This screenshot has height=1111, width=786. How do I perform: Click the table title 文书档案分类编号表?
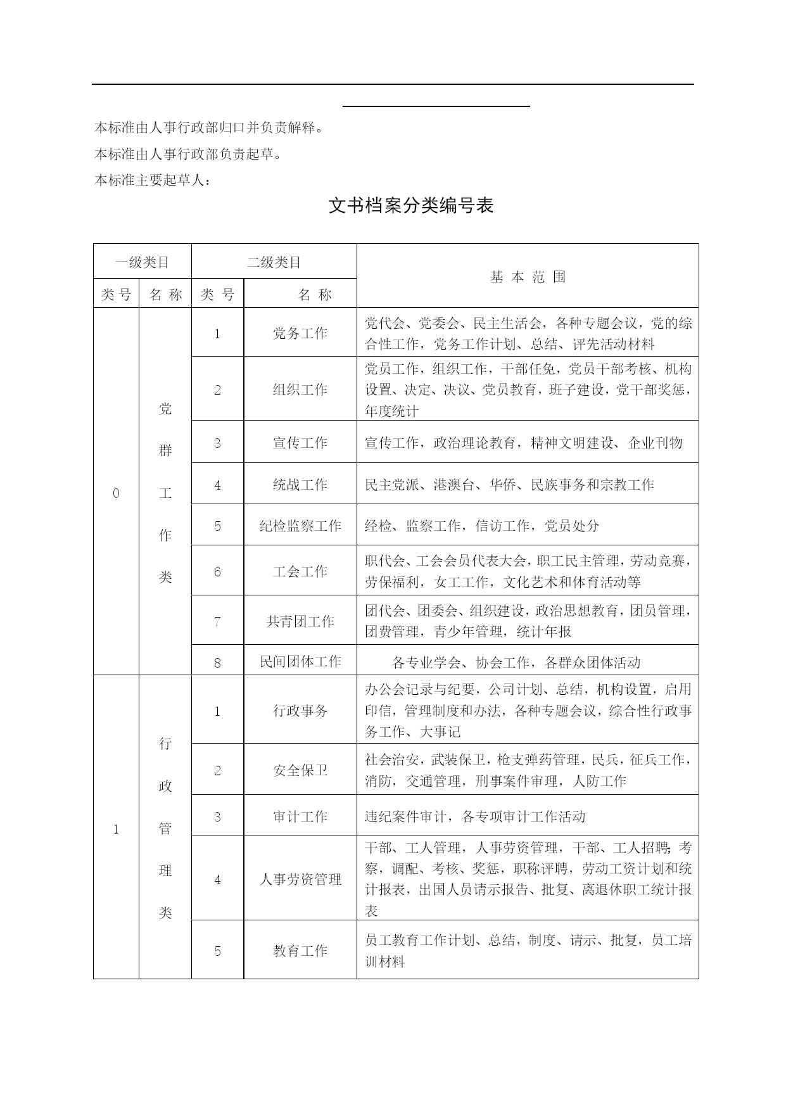[410, 206]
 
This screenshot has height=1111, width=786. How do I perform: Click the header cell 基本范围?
[528, 277]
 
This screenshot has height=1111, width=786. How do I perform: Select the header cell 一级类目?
[142, 262]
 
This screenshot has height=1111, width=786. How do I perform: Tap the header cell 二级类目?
[274, 262]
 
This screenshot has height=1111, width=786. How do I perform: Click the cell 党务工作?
[300, 334]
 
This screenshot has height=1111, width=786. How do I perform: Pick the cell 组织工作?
[300, 390]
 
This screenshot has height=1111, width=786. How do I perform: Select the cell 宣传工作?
[300, 443]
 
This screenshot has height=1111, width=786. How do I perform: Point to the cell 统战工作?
[300, 485]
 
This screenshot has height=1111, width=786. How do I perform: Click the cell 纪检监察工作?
[300, 526]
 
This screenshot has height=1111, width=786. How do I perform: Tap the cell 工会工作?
[300, 571]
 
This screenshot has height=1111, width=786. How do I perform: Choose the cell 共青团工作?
[300, 621]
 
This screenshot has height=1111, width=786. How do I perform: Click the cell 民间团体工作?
[300, 662]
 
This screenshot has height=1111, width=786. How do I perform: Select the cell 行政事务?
[300, 711]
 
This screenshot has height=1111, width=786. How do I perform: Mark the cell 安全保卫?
[300, 770]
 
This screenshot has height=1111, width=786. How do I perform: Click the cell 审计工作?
[300, 816]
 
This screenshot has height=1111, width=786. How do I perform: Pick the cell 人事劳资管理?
[300, 879]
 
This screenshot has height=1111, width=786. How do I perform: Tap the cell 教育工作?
[300, 951]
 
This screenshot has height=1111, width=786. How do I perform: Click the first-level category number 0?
[116, 493]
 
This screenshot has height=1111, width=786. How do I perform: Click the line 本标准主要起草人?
[152, 181]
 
